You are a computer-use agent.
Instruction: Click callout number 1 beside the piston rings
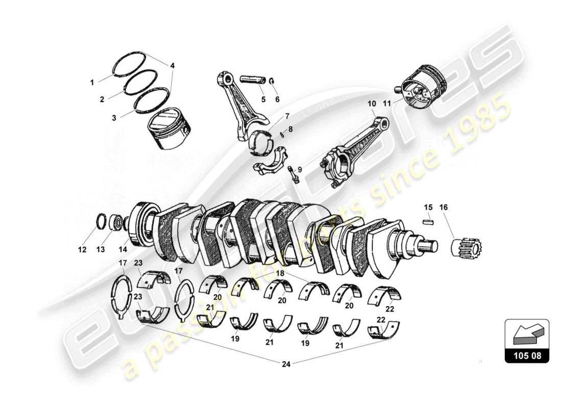[92, 82]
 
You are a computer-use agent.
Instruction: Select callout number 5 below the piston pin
[263, 99]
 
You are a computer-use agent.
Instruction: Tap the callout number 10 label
[371, 104]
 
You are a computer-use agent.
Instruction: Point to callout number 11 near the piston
[387, 104]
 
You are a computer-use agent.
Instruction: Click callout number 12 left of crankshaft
[82, 249]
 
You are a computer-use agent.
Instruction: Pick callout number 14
[123, 249]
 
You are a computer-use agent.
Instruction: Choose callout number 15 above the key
[428, 207]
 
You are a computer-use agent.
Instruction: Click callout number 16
[443, 207]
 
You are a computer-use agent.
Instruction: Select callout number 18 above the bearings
[280, 274]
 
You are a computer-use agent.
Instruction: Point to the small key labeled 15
[428, 222]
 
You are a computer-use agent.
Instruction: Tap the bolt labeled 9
[293, 174]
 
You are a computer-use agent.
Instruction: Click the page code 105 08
[527, 356]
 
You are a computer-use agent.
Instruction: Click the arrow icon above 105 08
[526, 334]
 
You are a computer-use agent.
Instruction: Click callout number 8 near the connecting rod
[291, 130]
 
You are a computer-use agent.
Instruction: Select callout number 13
[100, 249]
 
